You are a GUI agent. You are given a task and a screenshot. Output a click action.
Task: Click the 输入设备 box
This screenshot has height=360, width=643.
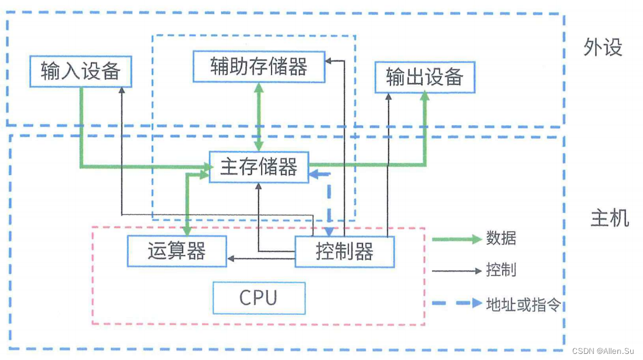(81, 71)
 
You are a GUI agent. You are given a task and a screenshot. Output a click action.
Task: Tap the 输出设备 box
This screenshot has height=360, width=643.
(424, 77)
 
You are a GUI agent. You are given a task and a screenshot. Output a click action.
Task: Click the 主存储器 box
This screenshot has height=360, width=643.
(259, 167)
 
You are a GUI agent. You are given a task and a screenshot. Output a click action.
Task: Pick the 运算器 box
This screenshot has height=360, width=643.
(176, 251)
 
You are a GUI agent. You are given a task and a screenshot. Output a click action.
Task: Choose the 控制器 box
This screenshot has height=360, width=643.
(345, 251)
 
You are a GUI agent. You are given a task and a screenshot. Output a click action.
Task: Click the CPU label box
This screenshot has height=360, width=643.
(259, 298)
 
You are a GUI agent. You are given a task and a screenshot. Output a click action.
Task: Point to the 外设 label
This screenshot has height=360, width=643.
(602, 48)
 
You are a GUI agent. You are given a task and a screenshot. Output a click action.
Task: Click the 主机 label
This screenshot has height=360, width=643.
(609, 218)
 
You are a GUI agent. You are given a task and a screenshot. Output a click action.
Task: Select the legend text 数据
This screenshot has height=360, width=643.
(501, 239)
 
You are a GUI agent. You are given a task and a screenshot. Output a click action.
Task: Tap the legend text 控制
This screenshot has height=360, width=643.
(501, 270)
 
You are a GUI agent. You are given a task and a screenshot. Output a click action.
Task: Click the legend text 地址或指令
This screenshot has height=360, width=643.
(523, 303)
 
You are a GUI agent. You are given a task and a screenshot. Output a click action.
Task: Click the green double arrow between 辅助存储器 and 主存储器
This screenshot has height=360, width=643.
(259, 116)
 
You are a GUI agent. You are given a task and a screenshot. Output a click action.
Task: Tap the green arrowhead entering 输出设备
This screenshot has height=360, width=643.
(424, 98)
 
